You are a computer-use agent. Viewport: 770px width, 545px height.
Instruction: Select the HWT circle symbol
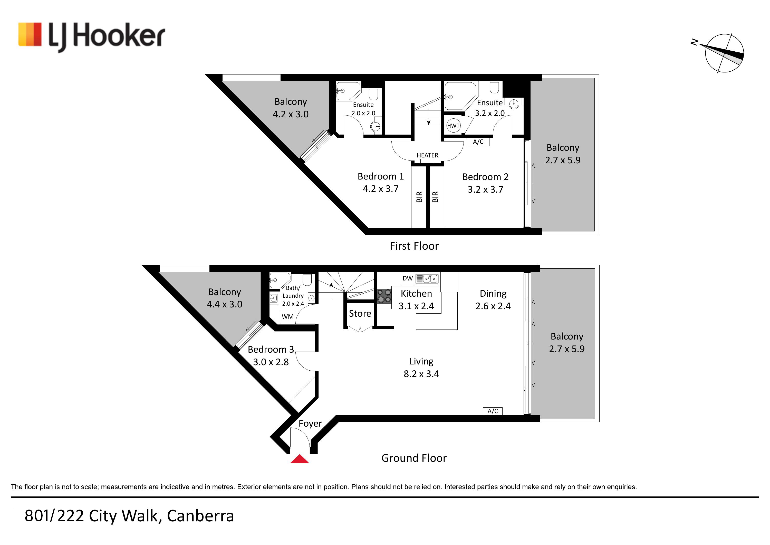pos(453,126)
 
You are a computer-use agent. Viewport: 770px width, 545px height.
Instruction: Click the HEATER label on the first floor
pos(427,155)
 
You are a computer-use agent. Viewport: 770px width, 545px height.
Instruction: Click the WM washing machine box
pos(287,316)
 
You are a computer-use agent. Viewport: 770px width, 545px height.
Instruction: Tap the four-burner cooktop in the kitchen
pos(384,296)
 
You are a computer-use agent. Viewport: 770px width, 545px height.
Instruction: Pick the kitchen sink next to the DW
pos(427,279)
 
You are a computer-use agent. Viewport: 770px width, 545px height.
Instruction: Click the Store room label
pos(360,313)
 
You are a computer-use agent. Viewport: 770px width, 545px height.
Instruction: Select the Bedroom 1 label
pos(381,176)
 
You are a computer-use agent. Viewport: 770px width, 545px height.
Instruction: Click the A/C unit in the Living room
pos(493,411)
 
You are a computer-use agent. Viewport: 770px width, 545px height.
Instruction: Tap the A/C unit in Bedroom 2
pos(478,142)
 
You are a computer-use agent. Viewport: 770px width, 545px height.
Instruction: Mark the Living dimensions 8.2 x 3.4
pos(421,374)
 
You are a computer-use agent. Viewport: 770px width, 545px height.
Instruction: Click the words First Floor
pos(414,246)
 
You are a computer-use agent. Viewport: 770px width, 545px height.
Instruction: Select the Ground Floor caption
pos(414,458)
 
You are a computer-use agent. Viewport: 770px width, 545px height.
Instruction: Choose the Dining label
pos(493,294)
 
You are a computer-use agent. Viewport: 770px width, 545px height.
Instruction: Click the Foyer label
pos(310,424)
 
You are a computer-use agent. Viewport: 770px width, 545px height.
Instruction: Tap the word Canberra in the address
pos(200,516)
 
